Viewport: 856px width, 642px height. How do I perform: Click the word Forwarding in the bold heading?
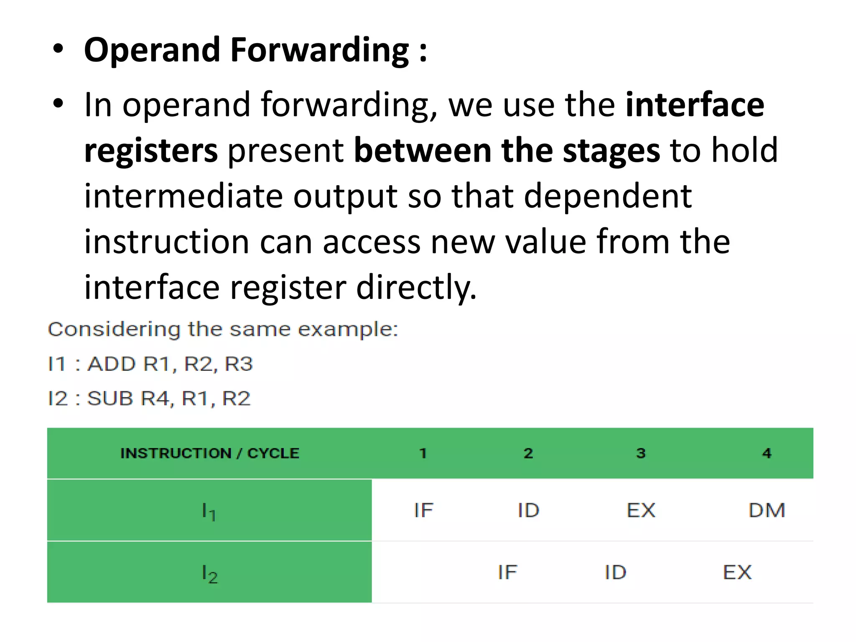[x=320, y=51]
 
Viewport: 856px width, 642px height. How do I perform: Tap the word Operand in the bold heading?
[x=152, y=51]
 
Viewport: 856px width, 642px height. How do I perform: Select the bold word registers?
[x=151, y=150]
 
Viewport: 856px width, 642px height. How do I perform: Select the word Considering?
[x=114, y=329]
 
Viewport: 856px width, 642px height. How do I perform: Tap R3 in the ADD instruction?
[x=239, y=364]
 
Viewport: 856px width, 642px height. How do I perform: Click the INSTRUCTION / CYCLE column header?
[x=210, y=453]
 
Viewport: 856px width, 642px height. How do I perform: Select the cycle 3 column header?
[x=641, y=453]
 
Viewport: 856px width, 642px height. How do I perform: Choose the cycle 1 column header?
[x=423, y=453]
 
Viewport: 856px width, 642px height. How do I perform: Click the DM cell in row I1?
[x=767, y=510]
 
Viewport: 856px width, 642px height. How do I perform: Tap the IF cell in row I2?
[x=507, y=572]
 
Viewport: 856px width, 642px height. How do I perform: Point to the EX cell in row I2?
[x=737, y=572]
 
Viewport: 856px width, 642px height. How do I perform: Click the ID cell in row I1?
[x=528, y=510]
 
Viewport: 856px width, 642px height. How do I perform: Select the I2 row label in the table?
[x=209, y=573]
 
